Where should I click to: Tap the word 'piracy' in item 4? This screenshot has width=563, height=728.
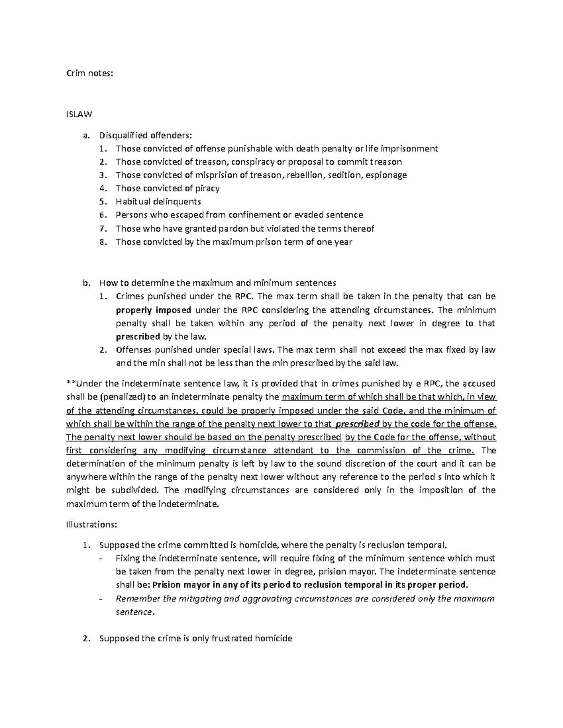207,188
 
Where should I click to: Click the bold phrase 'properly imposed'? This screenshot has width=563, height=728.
153,310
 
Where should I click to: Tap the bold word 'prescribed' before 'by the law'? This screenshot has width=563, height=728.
137,337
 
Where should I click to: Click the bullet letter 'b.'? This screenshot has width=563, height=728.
85,283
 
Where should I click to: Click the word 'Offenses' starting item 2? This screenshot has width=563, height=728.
133,350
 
